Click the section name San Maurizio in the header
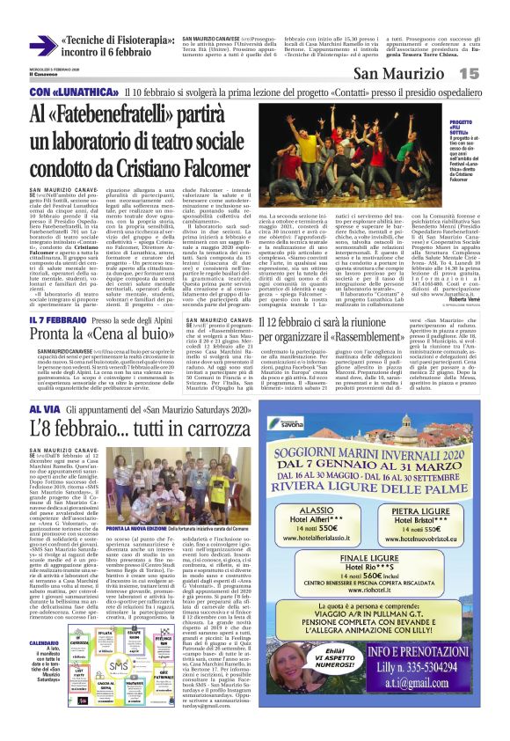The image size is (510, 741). pos(421,76)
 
